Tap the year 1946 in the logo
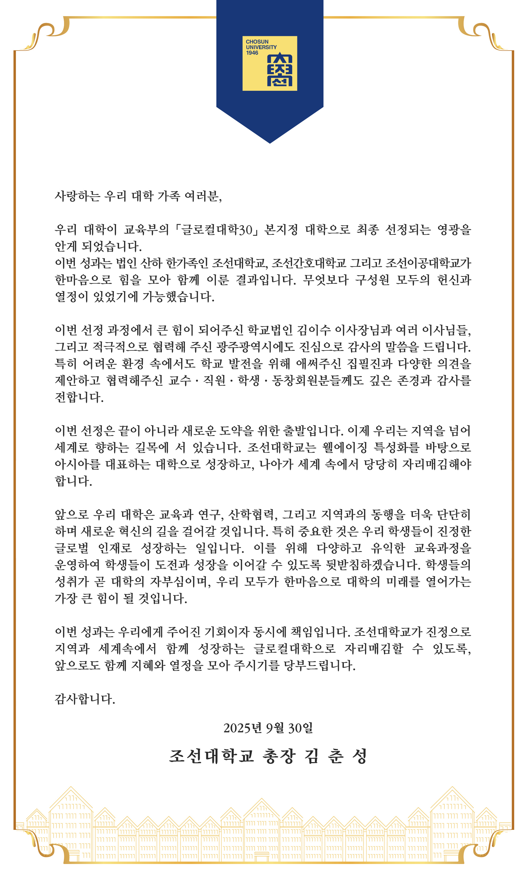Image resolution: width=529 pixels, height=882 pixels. point(252,53)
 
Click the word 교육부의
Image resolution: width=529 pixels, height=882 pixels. point(146,229)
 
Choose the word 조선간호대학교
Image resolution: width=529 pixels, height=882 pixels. point(309,263)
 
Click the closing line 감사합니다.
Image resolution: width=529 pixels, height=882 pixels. point(85,699)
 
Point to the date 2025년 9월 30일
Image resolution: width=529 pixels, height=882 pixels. point(268,728)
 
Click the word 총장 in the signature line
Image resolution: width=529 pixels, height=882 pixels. point(279,756)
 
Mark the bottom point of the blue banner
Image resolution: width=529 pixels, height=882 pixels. point(270,143)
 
